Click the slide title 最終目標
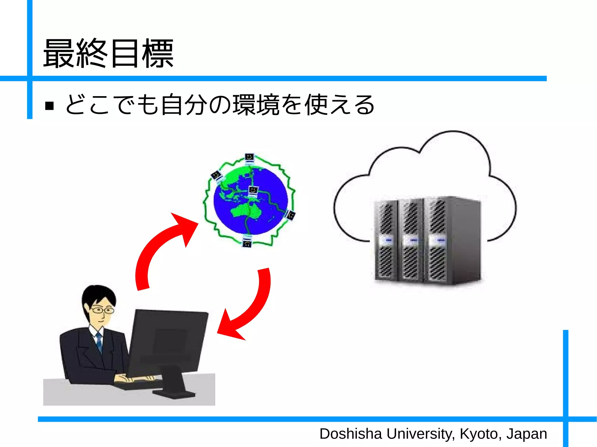point(108,54)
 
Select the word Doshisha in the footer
point(350,434)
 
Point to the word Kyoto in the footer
point(478,434)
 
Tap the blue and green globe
point(251,201)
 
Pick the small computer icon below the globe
point(247,242)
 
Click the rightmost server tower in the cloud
point(452,240)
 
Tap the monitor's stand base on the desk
point(174,394)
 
